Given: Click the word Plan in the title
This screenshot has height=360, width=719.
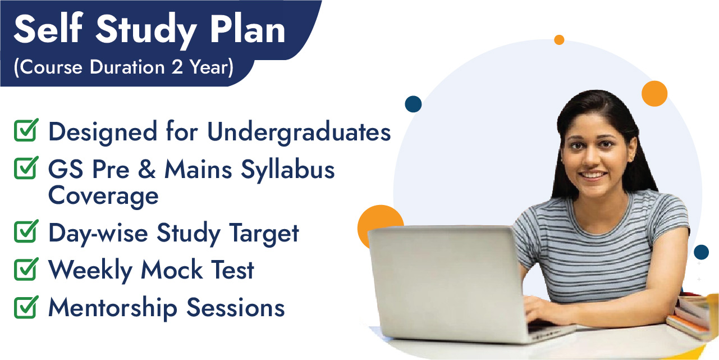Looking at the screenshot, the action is pos(247,30).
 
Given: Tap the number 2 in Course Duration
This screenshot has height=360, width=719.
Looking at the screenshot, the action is pos(177,67).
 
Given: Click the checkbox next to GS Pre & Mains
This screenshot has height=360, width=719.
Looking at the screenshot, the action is pos(26,167).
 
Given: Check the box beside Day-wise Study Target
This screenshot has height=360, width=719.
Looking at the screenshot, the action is pos(26,231).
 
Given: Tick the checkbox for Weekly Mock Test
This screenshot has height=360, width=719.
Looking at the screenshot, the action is pos(26,269).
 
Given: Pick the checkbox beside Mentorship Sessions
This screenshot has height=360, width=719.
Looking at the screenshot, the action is pos(26,307).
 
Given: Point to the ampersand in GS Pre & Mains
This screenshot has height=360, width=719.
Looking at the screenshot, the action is pos(147,169).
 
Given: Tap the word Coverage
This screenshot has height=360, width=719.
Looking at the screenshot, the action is pos(103,196).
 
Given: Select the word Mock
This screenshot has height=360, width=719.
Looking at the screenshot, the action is pos(172,269).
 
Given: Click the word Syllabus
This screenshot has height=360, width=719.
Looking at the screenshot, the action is pos(287,170).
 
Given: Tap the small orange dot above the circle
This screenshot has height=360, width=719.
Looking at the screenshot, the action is pos(559,40).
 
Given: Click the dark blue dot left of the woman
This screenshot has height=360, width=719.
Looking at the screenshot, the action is pos(413,104).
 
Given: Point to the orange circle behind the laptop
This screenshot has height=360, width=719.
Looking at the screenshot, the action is pos(379,218).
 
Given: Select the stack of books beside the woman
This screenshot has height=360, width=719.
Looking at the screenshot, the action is pos(693,315).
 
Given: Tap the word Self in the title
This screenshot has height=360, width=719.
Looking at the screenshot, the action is pos(48,28).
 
